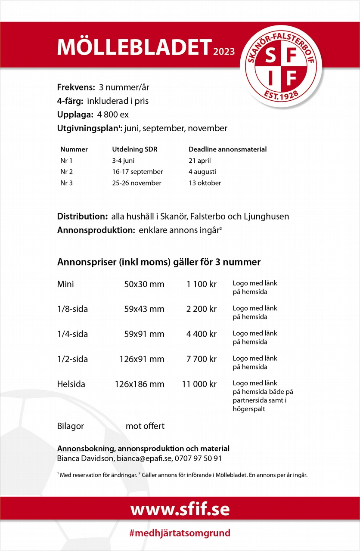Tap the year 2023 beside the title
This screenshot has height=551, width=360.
coord(224,52)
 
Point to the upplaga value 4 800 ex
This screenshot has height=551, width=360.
coord(113,115)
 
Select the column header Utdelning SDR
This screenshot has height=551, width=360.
coord(134,149)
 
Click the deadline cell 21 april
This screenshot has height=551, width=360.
coord(199,161)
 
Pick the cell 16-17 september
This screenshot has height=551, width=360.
coord(137,172)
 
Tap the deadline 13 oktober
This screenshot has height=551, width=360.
coord(205,183)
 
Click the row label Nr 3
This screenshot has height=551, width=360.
coord(66,183)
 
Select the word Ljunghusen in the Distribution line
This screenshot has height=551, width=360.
coord(268,217)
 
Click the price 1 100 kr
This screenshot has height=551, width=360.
coord(201,284)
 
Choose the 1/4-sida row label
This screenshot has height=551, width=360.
coord(72,334)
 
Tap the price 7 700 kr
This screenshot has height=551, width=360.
coord(201,359)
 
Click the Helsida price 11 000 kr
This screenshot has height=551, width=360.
coord(199,384)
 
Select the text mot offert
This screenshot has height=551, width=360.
coord(145,426)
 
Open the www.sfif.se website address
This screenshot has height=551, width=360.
coord(180,509)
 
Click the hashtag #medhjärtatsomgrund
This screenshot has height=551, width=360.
coord(180,533)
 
